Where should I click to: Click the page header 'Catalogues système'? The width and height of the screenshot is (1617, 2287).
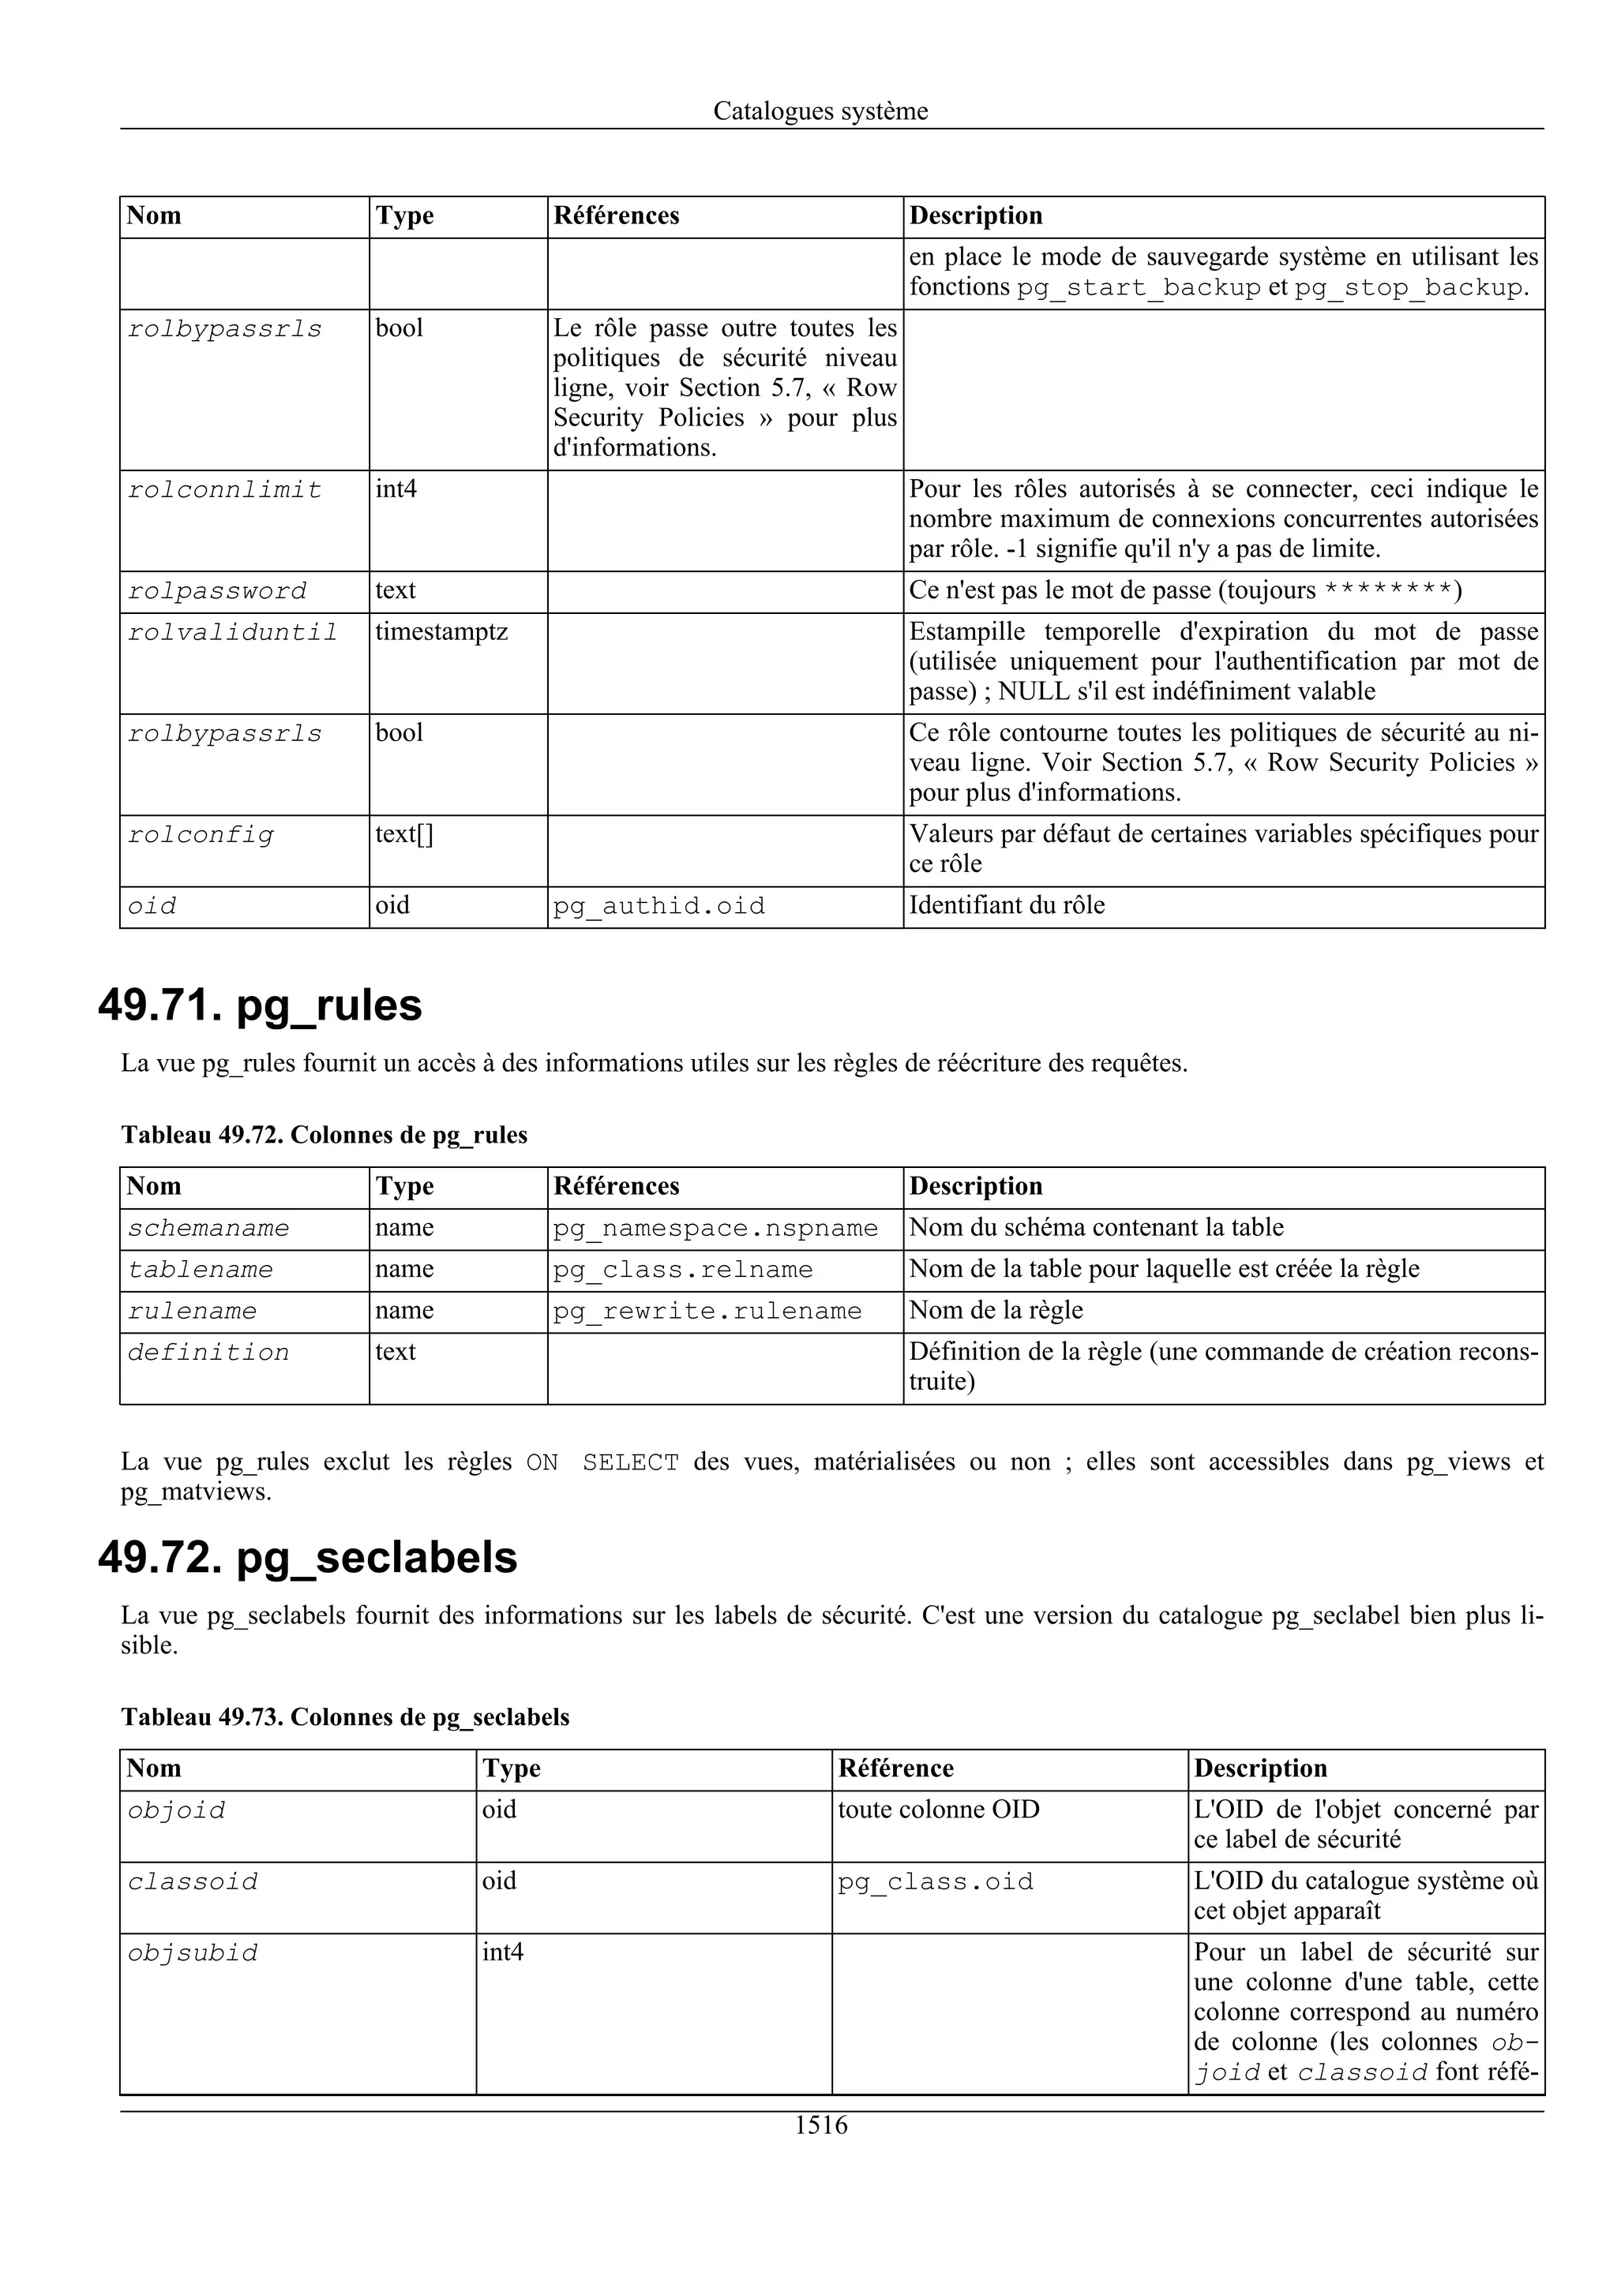[820, 111]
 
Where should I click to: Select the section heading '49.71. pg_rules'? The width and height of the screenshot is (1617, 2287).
[260, 1005]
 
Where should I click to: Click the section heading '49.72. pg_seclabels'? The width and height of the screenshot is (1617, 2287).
[308, 1557]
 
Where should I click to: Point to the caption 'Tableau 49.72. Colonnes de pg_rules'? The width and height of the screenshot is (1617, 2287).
[324, 1135]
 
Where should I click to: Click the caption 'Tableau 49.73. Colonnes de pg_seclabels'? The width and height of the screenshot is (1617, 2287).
[345, 1716]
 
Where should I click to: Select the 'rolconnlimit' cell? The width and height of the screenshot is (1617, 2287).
[225, 490]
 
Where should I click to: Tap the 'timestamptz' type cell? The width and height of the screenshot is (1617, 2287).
[441, 631]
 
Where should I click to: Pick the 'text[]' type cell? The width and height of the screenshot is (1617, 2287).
[403, 833]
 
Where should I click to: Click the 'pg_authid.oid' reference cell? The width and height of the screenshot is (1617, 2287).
[658, 907]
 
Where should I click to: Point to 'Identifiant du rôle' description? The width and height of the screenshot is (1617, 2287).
[1006, 905]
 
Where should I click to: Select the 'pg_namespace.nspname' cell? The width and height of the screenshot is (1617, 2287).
[715, 1228]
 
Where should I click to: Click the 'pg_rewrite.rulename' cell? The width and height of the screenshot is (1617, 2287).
[707, 1311]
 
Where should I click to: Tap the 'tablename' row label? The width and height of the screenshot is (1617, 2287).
[201, 1270]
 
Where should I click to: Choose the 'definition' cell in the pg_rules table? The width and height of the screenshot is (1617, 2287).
[208, 1353]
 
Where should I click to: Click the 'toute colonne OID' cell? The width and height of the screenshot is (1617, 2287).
[939, 1809]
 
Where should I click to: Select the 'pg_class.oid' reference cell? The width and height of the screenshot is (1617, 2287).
[936, 1881]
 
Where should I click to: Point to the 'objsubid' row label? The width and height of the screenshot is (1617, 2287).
[193, 1953]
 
